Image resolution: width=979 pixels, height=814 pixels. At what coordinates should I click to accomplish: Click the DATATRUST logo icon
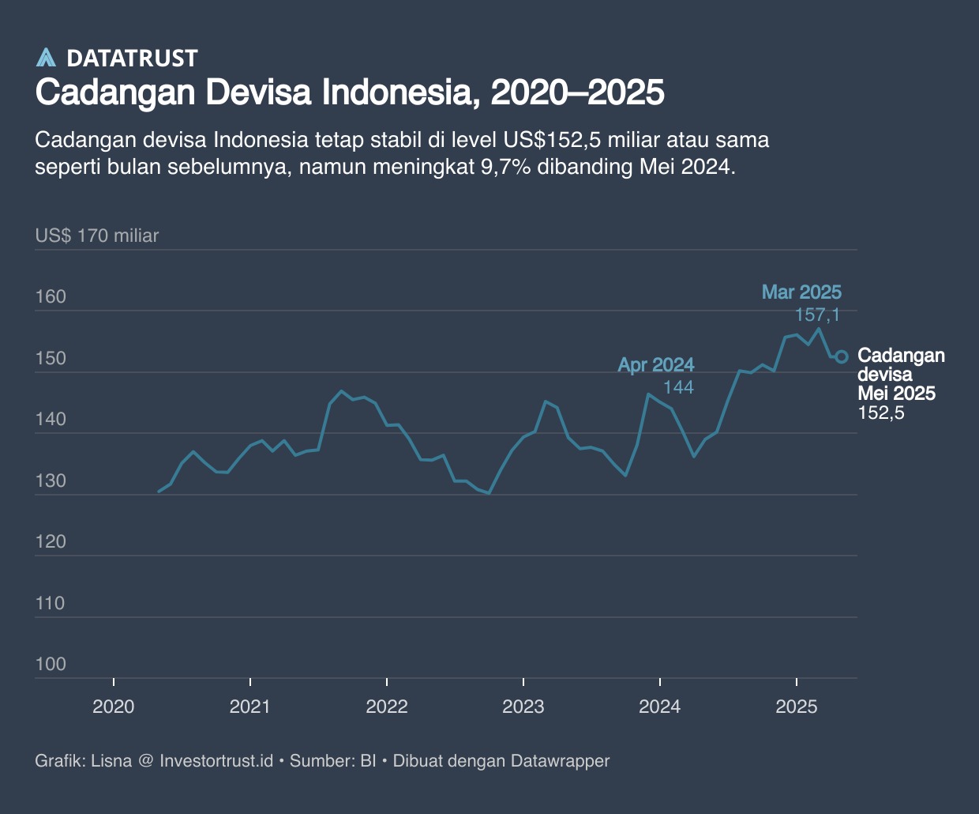(x=47, y=58)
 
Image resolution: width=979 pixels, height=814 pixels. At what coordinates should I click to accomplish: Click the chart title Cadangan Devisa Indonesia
(x=349, y=92)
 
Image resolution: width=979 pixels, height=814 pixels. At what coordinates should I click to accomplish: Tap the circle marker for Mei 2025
(x=842, y=356)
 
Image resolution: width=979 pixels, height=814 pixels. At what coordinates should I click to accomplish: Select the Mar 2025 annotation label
(x=801, y=292)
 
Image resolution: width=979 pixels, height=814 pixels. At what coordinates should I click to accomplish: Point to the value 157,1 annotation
(x=817, y=315)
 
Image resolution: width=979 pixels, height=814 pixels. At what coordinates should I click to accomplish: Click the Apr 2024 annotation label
(x=655, y=365)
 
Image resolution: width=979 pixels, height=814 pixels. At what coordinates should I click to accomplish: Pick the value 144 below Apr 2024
(x=678, y=387)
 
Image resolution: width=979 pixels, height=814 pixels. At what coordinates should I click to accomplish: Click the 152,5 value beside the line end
(x=880, y=413)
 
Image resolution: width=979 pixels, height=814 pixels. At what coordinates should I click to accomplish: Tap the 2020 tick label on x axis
(x=114, y=707)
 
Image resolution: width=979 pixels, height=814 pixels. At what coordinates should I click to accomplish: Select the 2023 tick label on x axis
(x=523, y=707)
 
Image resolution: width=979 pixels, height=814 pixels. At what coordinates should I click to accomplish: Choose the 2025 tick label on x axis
(x=797, y=707)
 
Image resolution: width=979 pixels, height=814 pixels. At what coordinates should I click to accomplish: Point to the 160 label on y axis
(x=51, y=297)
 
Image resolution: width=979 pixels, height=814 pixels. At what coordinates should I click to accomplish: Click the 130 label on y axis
(x=51, y=481)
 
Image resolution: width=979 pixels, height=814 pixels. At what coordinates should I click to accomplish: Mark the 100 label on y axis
(x=51, y=665)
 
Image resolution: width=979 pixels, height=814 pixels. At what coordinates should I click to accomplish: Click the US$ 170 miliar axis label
(x=97, y=236)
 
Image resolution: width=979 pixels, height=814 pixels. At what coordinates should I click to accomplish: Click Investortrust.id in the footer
(x=216, y=761)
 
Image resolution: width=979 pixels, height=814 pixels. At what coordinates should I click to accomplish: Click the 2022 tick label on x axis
(x=387, y=707)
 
